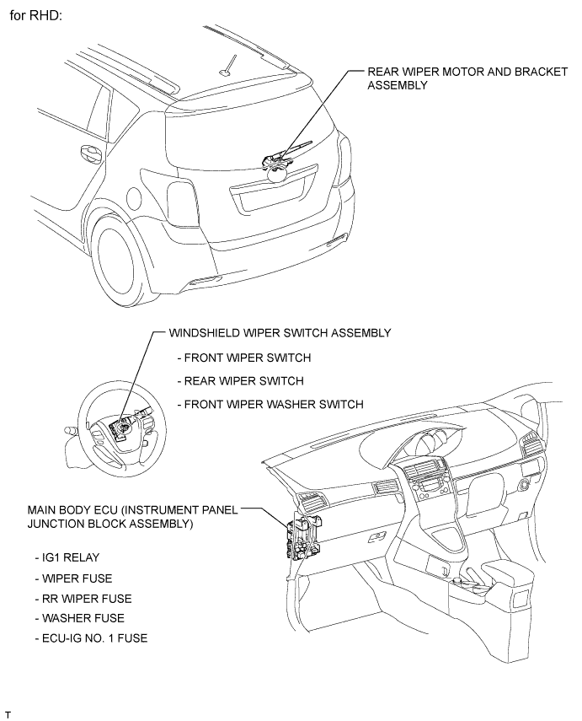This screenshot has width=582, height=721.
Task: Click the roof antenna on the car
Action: point(225,68)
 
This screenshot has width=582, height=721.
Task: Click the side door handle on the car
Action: point(87,154)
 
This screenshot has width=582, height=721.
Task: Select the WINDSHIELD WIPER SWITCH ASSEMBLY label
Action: point(280,332)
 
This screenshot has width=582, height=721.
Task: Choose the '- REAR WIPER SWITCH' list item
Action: point(240,380)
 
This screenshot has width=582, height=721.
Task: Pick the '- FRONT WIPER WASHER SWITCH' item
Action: point(270,404)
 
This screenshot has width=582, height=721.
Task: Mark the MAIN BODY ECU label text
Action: point(133,517)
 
